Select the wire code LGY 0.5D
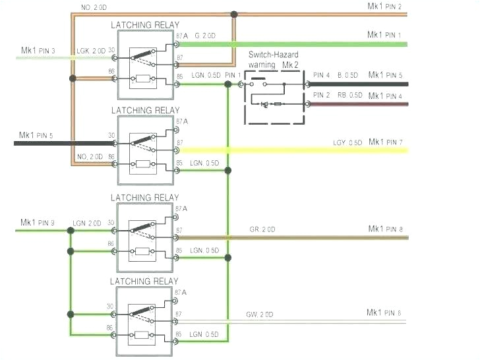(x=347, y=143)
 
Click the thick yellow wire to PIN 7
(x=297, y=151)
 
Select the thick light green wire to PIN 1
(x=297, y=44)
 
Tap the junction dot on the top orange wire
(x=233, y=13)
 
